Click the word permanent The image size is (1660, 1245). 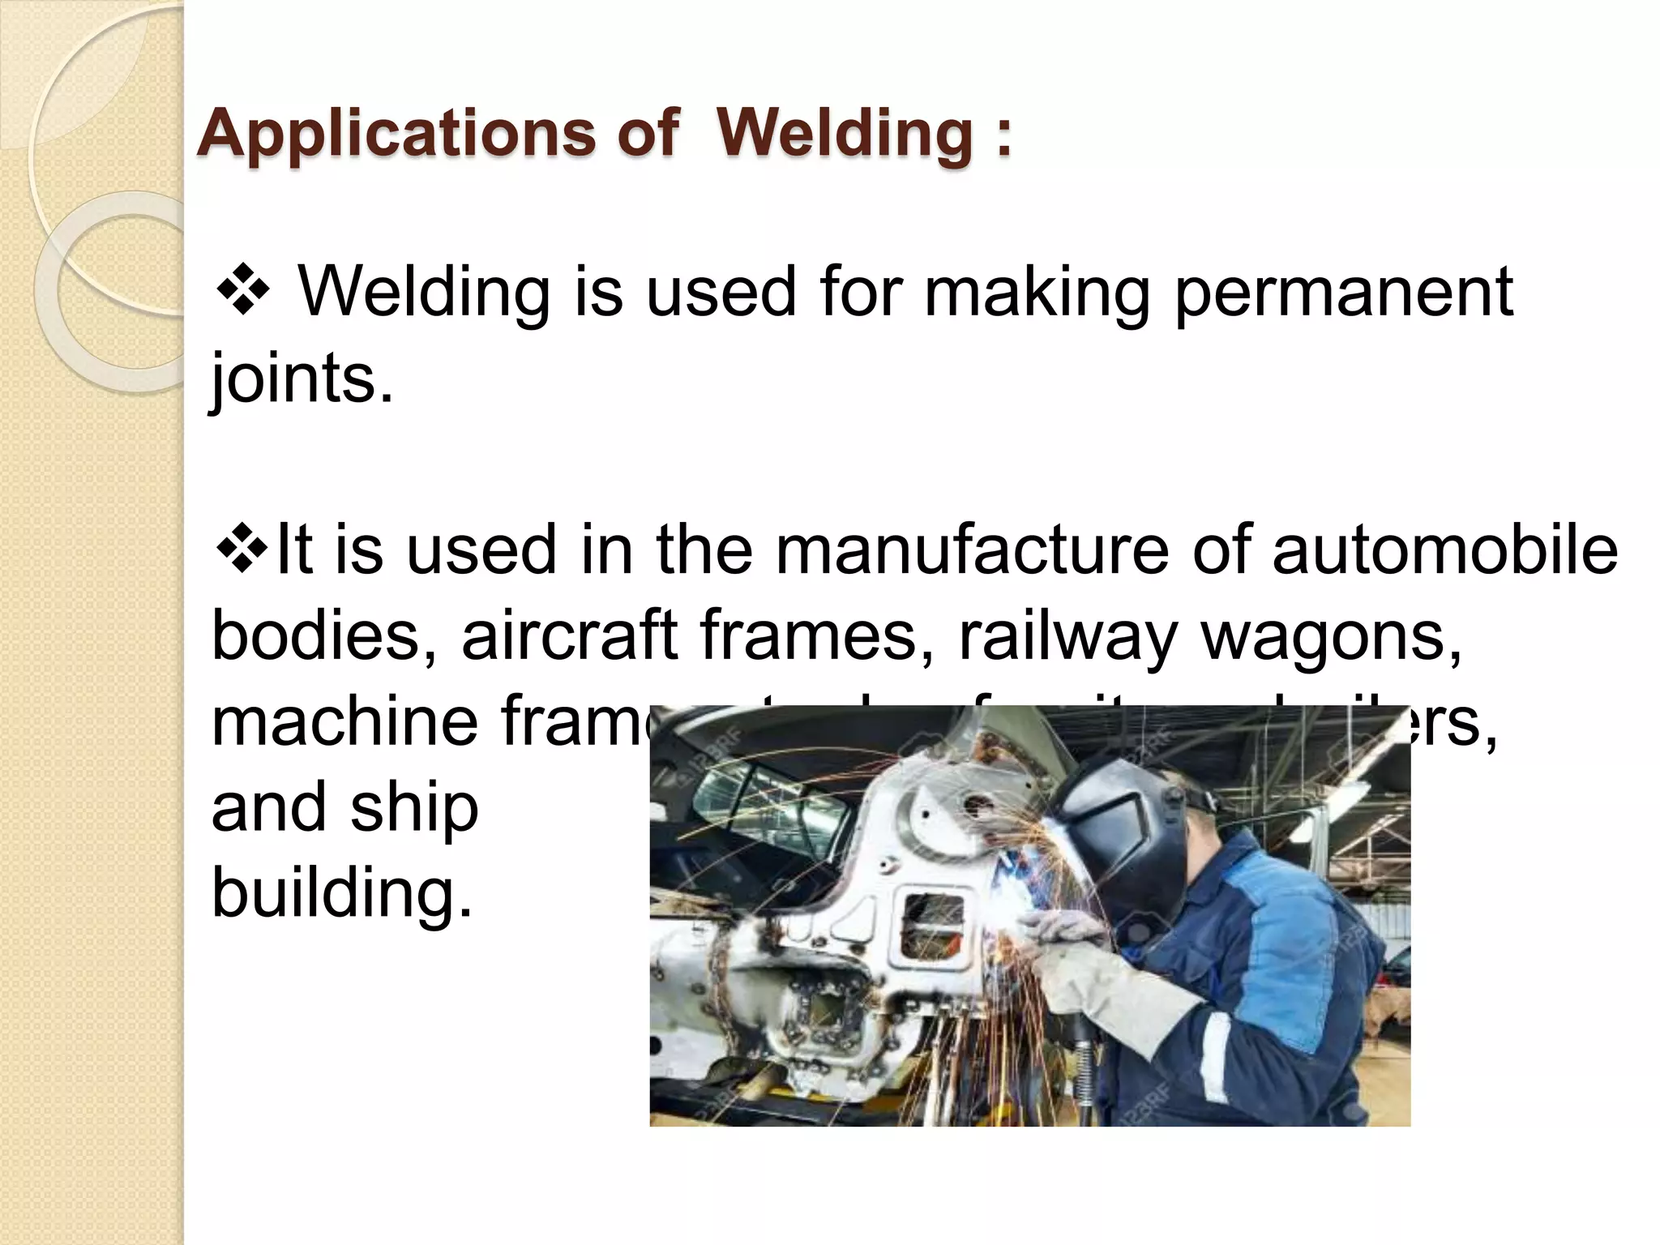[x=1343, y=293]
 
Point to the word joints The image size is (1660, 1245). [x=302, y=379]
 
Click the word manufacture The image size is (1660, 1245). [x=973, y=550]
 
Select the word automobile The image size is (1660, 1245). [x=1445, y=550]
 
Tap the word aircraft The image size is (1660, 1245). [x=569, y=635]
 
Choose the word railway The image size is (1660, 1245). [x=1067, y=637]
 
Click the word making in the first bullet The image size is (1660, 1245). [x=1036, y=293]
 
